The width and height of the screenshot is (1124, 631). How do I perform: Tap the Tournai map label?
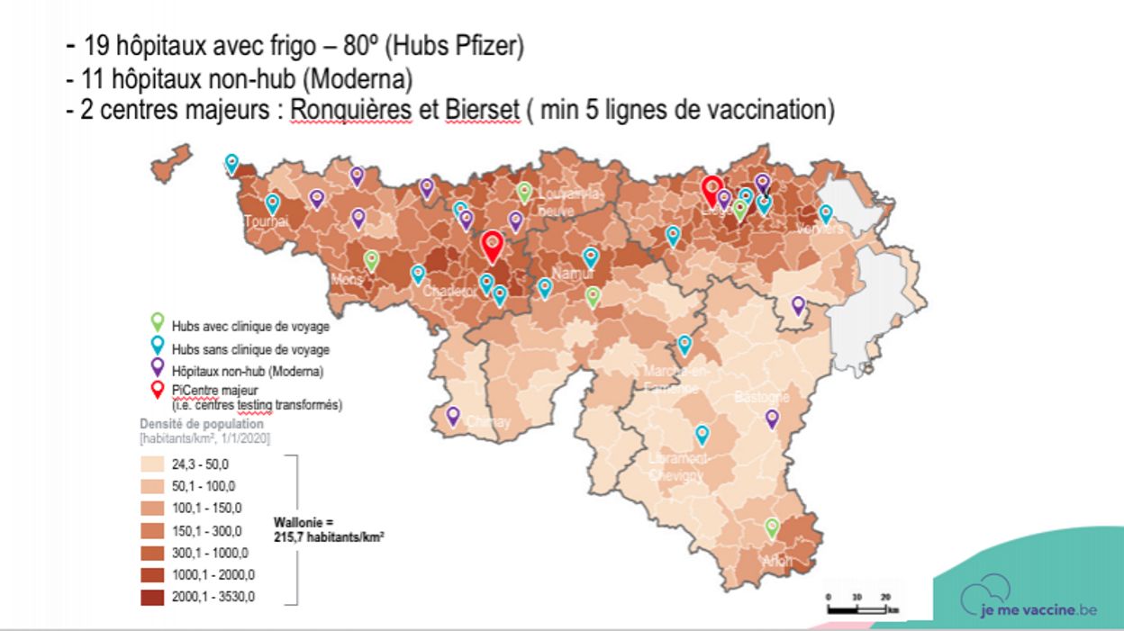[266, 222]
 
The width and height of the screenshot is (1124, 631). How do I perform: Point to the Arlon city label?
[777, 562]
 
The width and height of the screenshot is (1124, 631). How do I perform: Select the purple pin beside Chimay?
[453, 416]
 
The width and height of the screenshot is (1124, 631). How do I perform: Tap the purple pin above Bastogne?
[772, 418]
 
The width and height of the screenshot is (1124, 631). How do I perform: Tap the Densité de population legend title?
[202, 423]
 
